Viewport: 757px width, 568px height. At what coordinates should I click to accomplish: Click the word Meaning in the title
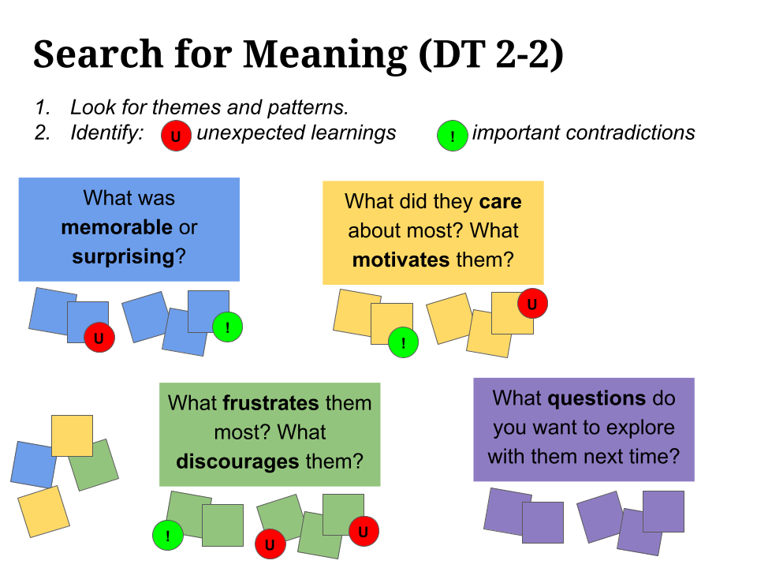pyautogui.click(x=325, y=54)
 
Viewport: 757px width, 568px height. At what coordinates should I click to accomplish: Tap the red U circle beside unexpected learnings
pyautogui.click(x=176, y=136)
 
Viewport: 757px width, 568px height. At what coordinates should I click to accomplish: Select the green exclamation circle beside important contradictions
pyautogui.click(x=452, y=136)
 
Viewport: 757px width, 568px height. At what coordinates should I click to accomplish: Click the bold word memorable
pyautogui.click(x=117, y=228)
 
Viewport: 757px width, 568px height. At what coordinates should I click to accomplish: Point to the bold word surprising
pyautogui.click(x=123, y=256)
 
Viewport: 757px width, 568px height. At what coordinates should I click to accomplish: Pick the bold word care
pyautogui.click(x=500, y=202)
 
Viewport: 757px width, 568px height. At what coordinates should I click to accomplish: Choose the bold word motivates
pyautogui.click(x=401, y=260)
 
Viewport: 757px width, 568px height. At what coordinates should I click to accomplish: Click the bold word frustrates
pyautogui.click(x=270, y=403)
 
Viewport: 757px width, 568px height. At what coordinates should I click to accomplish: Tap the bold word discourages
pyautogui.click(x=237, y=461)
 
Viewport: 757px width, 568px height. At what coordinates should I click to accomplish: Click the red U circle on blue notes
pyautogui.click(x=99, y=338)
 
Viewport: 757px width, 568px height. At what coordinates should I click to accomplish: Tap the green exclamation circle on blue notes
pyautogui.click(x=227, y=327)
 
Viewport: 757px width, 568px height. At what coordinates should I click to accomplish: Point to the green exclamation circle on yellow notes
pyautogui.click(x=403, y=342)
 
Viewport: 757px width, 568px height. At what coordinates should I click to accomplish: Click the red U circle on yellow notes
pyautogui.click(x=532, y=304)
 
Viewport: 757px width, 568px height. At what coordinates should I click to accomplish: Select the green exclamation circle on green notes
pyautogui.click(x=167, y=536)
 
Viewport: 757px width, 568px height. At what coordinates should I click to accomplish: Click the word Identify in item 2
pyautogui.click(x=106, y=133)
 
